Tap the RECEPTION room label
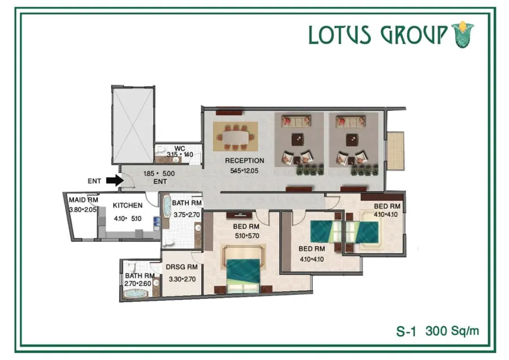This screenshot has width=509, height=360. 244,161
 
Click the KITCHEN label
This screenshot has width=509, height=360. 127,205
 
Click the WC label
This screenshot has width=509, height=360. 180,148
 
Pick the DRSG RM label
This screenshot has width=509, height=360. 181,267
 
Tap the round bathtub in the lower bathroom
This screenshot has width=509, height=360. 135,295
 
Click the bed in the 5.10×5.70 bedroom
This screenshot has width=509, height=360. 243,271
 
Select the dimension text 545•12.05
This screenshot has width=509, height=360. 244,170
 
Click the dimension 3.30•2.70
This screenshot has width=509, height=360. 181,279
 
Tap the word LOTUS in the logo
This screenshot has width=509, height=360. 339,35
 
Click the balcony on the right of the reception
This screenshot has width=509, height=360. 396,150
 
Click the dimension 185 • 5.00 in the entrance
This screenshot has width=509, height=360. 159,174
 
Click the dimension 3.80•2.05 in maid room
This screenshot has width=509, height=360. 83,209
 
